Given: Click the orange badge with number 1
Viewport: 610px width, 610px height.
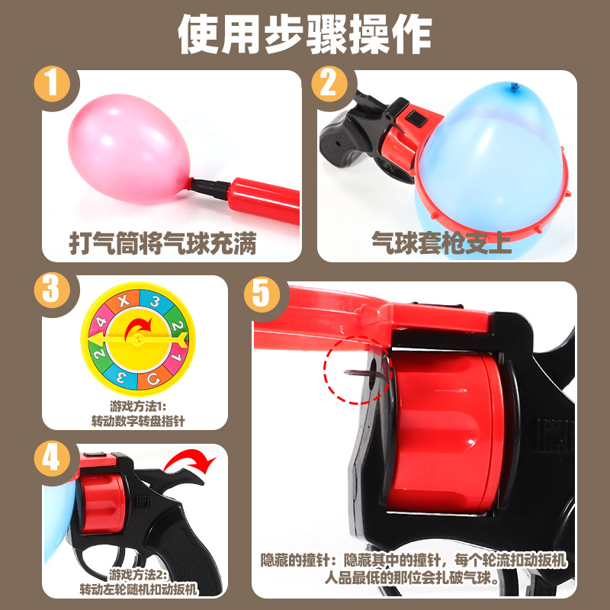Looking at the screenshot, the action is tap(52, 85).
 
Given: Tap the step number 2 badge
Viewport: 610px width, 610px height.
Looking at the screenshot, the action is tap(329, 85).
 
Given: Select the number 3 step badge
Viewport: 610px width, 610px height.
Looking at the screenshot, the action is tap(52, 291).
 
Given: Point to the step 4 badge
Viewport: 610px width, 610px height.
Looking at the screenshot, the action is tap(52, 458).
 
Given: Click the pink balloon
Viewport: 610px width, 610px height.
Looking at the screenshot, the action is tap(128, 149).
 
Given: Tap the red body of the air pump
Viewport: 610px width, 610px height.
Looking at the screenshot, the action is tap(265, 200).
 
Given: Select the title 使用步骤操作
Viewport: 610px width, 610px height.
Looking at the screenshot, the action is tap(304, 34).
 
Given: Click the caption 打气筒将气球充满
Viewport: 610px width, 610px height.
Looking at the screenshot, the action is tap(162, 243).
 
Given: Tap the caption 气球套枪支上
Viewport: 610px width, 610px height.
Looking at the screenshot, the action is tap(441, 243).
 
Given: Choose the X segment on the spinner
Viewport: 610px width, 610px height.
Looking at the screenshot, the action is tap(124, 300).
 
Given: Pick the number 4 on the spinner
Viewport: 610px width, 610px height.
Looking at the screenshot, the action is tap(101, 323).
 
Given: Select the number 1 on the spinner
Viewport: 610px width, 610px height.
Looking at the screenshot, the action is tap(176, 356).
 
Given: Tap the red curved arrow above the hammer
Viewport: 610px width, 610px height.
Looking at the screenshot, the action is tap(191, 461).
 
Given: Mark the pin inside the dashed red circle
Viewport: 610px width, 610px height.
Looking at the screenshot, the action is tap(360, 373).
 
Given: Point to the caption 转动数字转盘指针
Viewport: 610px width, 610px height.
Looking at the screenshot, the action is tap(138, 422).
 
